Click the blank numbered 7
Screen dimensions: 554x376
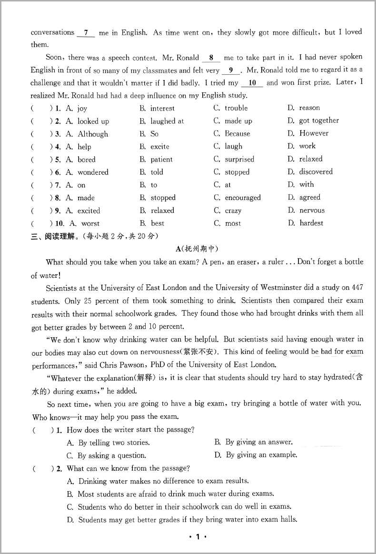86,33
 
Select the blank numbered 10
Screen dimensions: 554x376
252,83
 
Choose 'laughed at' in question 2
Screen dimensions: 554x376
167,121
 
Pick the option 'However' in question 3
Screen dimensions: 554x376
314,133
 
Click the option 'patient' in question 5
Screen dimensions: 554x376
161,160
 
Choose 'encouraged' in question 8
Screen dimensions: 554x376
243,198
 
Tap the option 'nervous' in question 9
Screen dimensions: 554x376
312,210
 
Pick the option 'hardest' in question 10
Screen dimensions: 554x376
311,223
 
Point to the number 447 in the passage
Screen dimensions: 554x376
356,288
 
